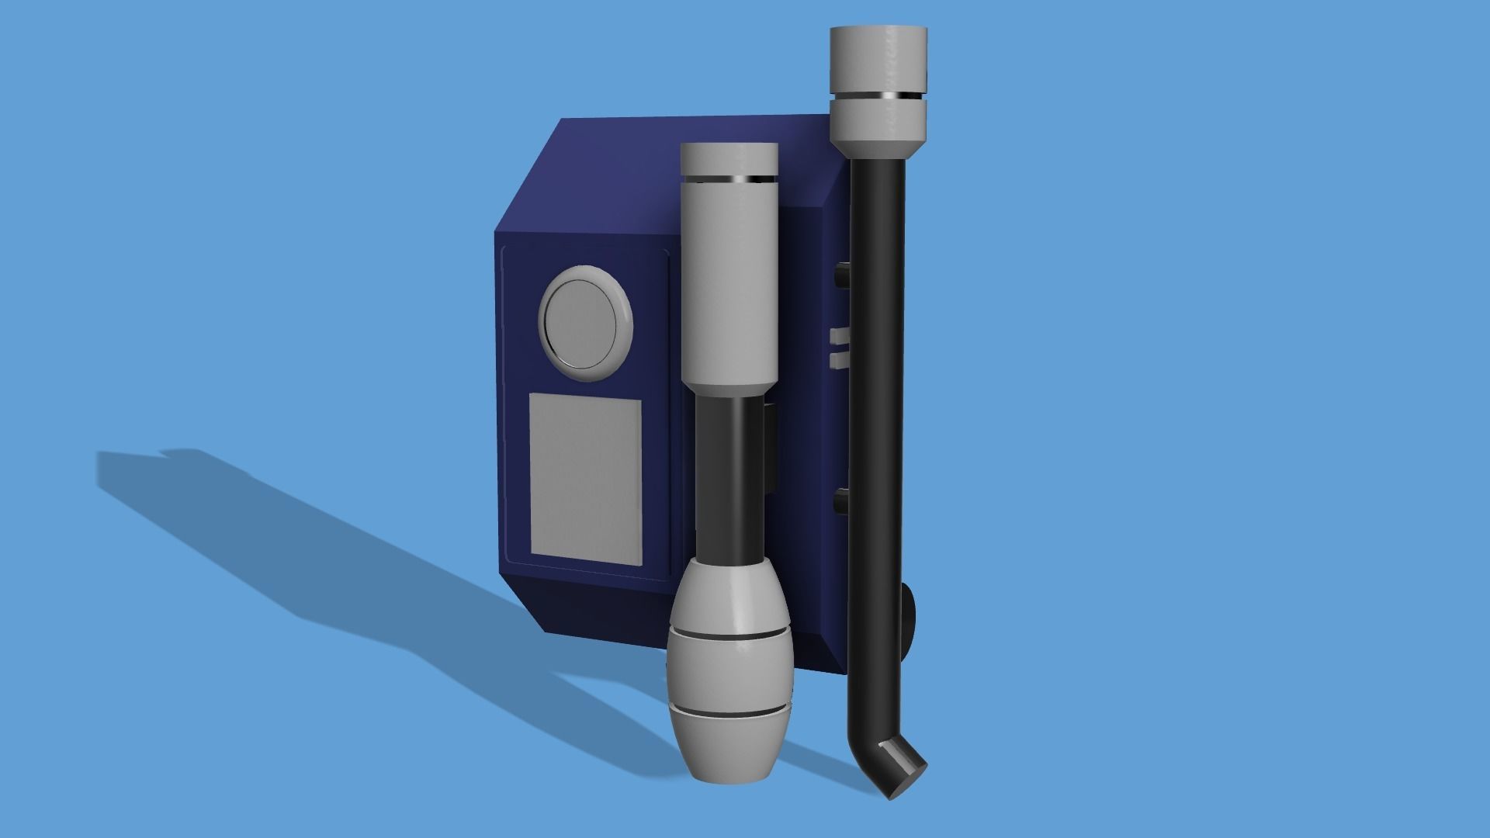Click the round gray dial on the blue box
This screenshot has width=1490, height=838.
(585, 323)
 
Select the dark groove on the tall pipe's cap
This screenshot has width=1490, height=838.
(878, 96)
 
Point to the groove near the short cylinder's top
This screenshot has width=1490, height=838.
(729, 180)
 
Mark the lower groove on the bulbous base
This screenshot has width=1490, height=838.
(729, 709)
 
